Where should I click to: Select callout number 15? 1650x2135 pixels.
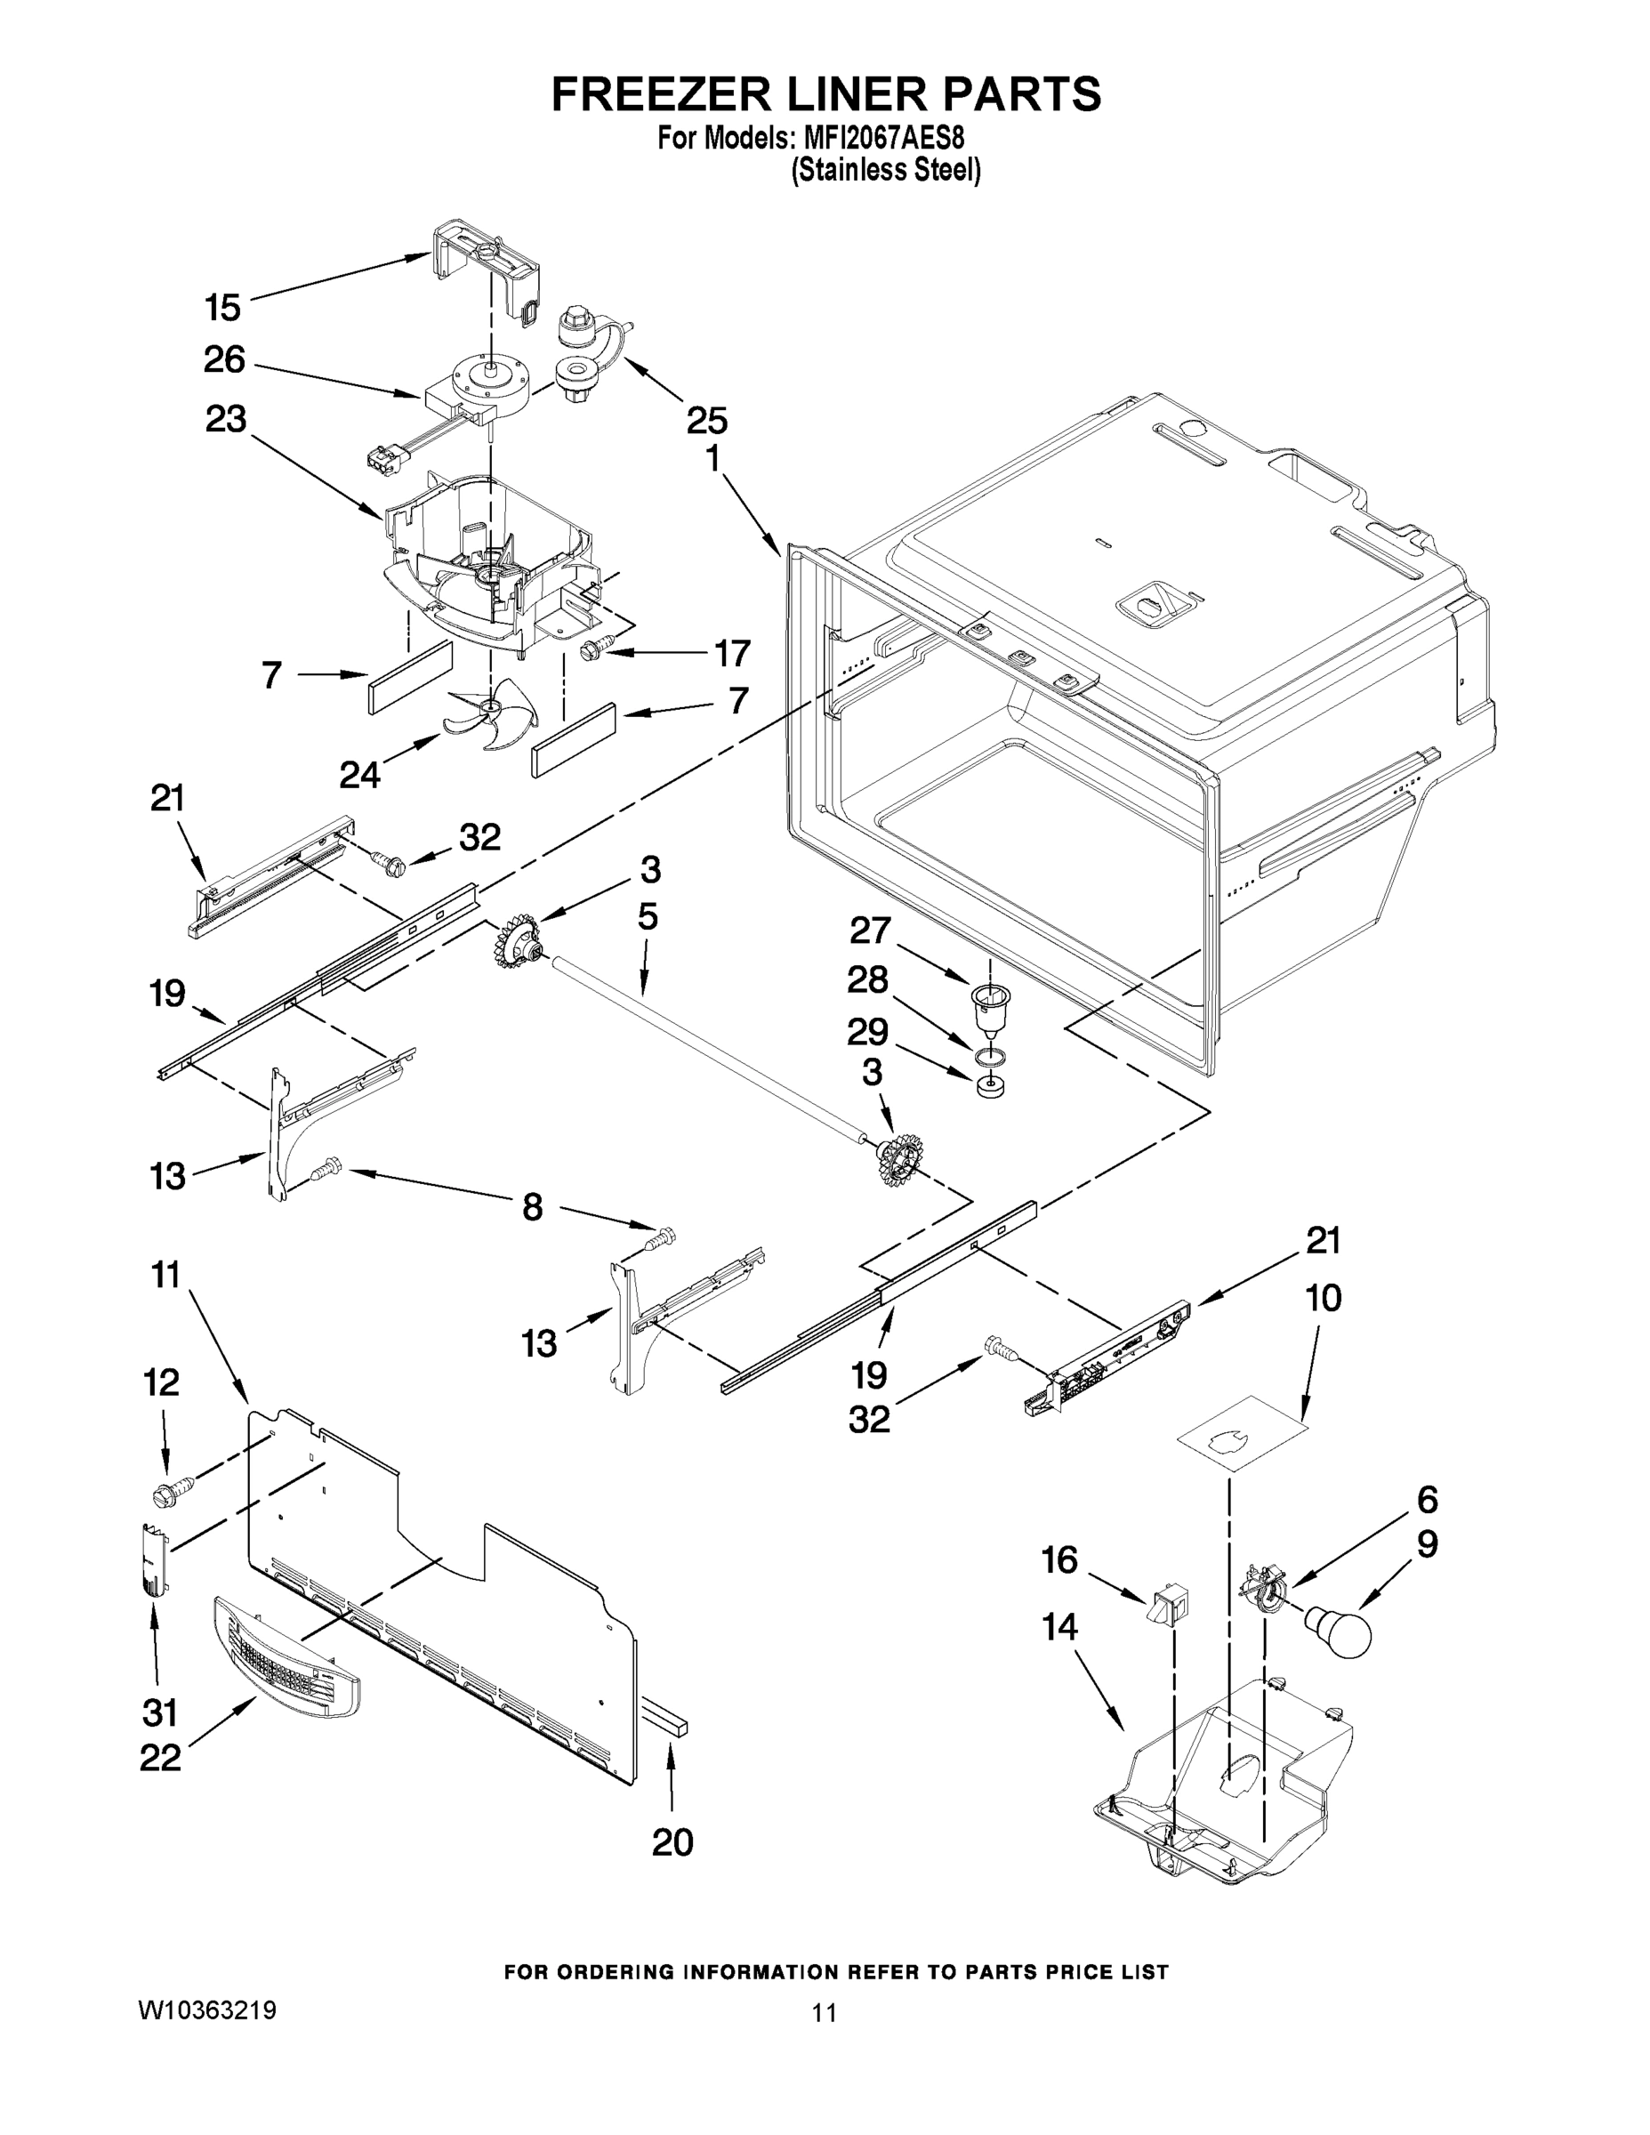223,308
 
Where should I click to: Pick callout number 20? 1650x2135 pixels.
672,1841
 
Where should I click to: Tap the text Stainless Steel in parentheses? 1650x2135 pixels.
886,171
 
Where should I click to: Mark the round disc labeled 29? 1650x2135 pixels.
991,1086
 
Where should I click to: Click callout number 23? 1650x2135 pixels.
226,419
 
